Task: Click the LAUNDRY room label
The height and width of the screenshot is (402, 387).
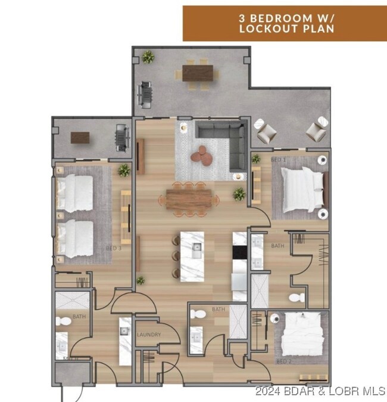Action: point(149,335)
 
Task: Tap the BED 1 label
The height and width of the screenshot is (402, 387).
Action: point(278,160)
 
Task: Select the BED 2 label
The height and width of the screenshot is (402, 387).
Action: point(283,361)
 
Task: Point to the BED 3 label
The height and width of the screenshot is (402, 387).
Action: point(114,248)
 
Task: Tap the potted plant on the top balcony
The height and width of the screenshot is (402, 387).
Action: point(148,57)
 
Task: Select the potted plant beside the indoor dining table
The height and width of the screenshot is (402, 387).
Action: point(239,194)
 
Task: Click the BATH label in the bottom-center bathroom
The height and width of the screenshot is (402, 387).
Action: point(219,310)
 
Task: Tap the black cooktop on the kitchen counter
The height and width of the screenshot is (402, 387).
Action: point(239,252)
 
